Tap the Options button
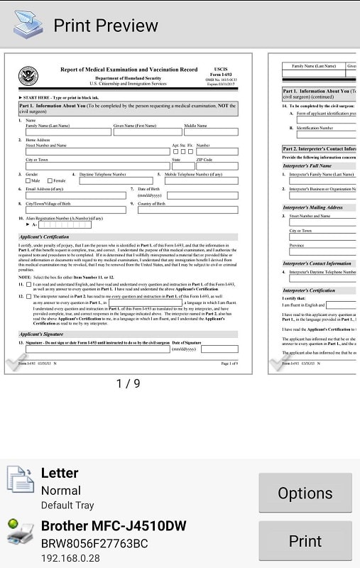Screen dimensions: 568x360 (305, 493)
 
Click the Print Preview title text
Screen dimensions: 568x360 (106, 26)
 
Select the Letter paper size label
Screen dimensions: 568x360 (60, 473)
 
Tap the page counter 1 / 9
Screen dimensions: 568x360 (128, 383)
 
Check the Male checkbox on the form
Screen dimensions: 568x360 (28, 181)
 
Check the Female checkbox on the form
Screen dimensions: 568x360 (49, 181)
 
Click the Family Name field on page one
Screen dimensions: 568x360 (67, 131)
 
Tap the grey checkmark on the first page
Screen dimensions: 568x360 (16, 364)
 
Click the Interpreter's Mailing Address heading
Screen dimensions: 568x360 (313, 207)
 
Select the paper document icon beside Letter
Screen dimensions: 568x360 (20, 480)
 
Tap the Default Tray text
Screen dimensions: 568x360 (67, 506)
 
